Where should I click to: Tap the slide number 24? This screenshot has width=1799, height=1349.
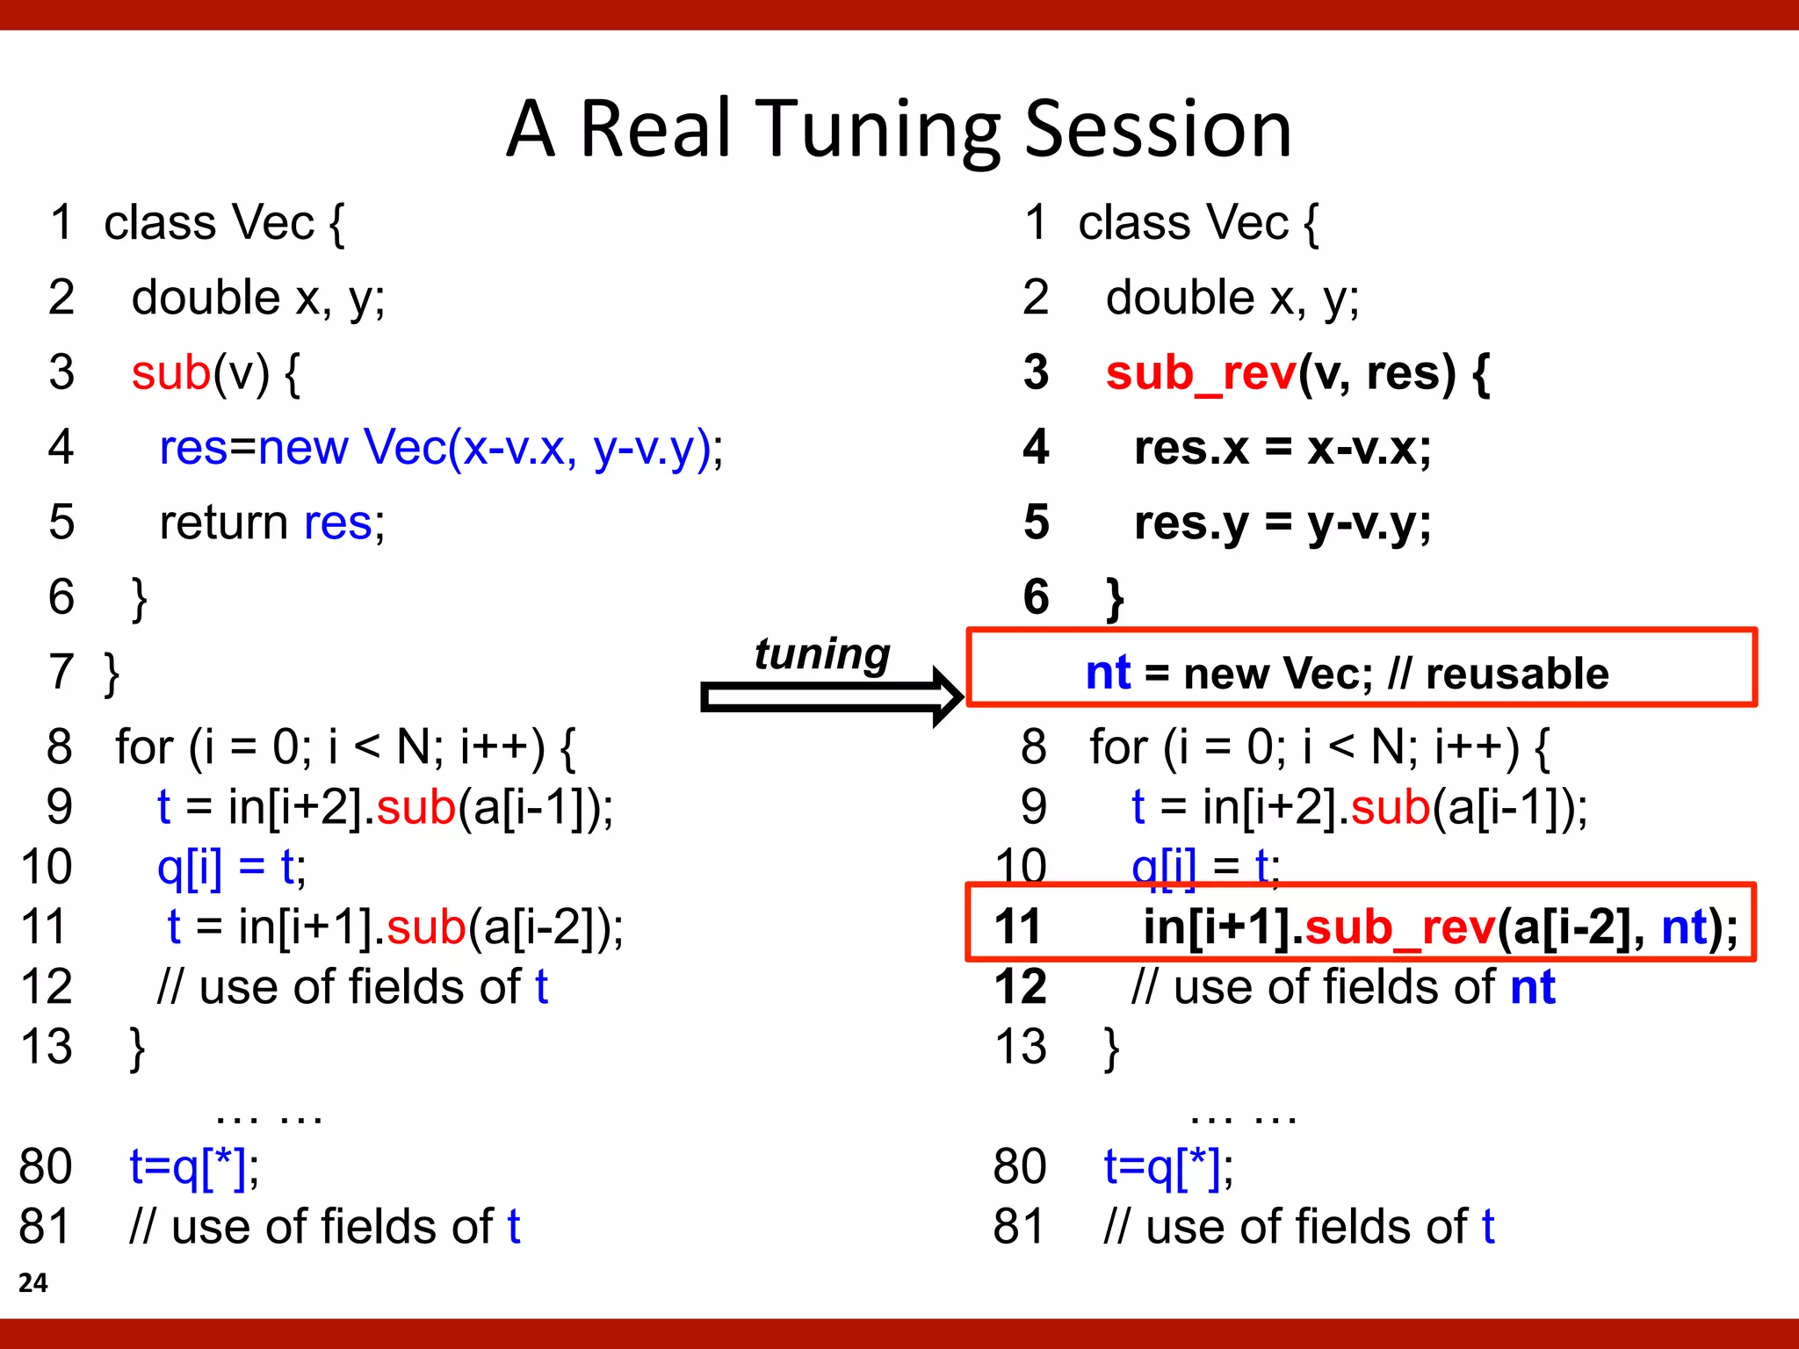click(x=33, y=1282)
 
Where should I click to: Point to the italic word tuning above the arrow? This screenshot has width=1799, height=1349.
click(x=822, y=654)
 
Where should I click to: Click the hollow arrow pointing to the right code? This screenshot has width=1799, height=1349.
click(x=830, y=697)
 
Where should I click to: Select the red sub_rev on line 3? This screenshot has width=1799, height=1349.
click(x=1201, y=373)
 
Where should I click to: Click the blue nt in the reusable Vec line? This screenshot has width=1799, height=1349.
click(x=1108, y=674)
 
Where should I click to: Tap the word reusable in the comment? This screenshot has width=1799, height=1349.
click(x=1517, y=674)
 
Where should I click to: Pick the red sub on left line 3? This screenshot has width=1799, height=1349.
click(x=171, y=373)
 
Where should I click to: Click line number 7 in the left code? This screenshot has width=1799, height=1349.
click(x=61, y=672)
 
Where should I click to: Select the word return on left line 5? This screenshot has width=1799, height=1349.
click(x=224, y=523)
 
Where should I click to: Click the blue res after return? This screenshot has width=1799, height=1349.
click(x=338, y=523)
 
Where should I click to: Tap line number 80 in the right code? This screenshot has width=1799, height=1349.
click(x=1020, y=1166)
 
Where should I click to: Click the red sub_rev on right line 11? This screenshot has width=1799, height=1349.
click(x=1400, y=927)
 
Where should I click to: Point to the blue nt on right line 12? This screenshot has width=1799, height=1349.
click(x=1533, y=987)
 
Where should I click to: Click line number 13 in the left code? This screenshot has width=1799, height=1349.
click(x=47, y=1047)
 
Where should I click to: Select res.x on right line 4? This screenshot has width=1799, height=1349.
click(x=1191, y=448)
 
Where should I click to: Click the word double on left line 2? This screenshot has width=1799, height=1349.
click(x=206, y=298)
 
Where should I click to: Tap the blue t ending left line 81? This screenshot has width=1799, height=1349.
click(x=514, y=1226)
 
